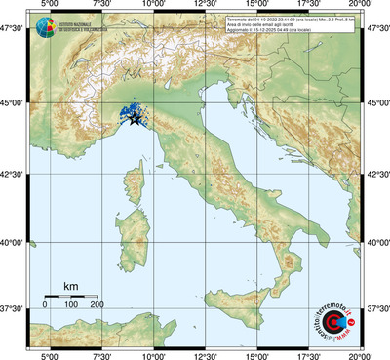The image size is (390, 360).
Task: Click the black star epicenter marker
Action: coord(135,119)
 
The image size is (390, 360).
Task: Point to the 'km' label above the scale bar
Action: coord(70,285)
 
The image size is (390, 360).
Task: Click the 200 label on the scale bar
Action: coord(97,305)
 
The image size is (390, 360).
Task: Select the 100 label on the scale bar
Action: coord(71,305)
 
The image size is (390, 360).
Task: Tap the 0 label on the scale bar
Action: coord(45,305)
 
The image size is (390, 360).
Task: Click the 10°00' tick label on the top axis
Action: coord(153,7)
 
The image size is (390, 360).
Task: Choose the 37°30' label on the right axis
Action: coord(376,308)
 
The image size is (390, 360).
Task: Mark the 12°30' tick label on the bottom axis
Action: coord(205,354)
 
